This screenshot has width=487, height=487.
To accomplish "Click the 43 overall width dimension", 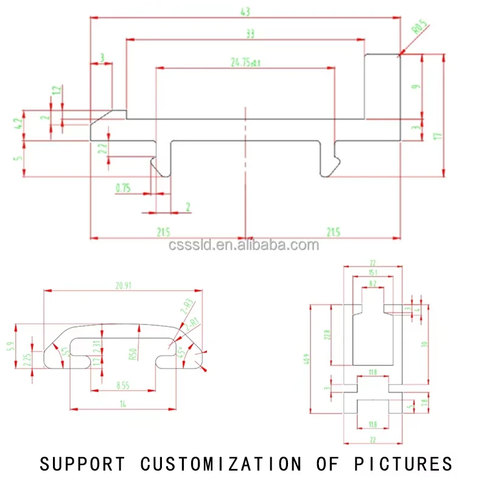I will [245, 12].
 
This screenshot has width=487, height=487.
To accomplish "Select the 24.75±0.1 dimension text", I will [245, 62].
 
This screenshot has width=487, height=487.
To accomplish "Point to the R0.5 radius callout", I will [419, 29].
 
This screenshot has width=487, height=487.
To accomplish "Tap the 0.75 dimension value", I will [123, 188].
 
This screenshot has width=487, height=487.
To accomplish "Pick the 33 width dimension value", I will [250, 34].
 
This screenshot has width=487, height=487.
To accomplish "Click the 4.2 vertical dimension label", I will [18, 125].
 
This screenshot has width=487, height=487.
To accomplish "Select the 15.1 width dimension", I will [373, 272].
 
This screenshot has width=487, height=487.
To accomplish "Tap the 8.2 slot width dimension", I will [373, 283].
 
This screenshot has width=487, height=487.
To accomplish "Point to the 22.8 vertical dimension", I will [328, 335].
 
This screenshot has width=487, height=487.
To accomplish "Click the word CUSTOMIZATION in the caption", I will [221, 464].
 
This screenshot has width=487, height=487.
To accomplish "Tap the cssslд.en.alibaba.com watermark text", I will [243, 245].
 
